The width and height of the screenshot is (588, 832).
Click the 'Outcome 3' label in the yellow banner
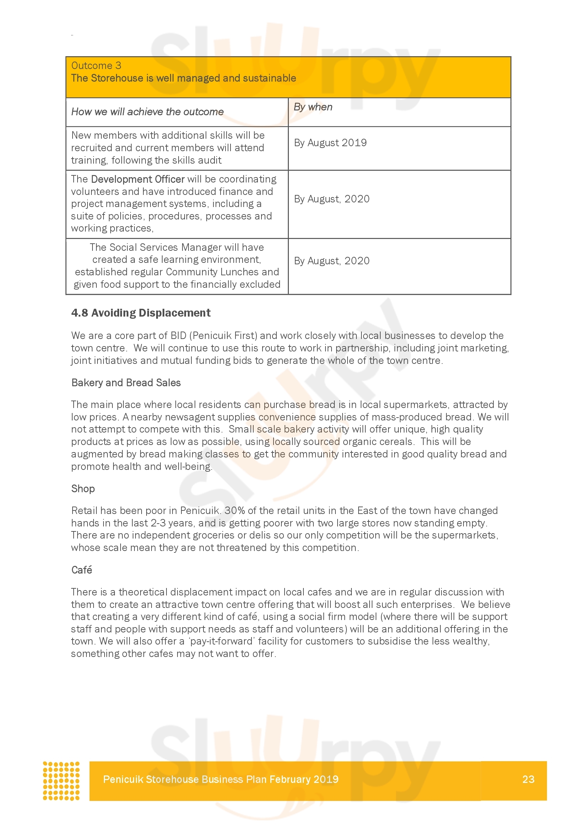(x=96, y=65)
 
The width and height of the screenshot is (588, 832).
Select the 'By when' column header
(x=313, y=107)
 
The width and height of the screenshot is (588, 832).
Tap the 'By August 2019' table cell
(x=330, y=143)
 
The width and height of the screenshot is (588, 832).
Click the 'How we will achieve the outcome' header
(x=147, y=112)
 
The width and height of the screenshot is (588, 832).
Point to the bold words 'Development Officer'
(x=138, y=179)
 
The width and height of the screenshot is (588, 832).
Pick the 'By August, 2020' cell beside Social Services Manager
(x=332, y=261)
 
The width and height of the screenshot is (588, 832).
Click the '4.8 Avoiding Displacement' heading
(x=141, y=313)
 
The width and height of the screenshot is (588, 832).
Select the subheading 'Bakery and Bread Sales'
(x=126, y=383)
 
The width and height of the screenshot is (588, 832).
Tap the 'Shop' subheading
(x=83, y=488)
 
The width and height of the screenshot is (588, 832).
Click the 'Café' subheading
(x=81, y=570)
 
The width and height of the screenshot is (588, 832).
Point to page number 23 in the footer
(x=528, y=779)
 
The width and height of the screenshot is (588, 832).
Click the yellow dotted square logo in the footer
(x=61, y=780)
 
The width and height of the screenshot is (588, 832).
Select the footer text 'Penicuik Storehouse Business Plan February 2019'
(x=221, y=779)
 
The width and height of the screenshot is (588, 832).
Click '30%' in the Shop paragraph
(x=234, y=510)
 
